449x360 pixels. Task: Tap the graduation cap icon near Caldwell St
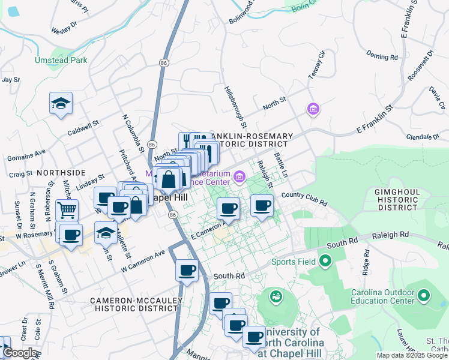61,104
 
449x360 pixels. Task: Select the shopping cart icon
67,210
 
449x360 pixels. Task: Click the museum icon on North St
313,109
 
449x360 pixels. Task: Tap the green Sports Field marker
325,261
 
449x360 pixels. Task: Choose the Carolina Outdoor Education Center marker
424,296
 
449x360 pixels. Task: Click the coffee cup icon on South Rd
187,270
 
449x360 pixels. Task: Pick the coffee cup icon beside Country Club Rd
262,206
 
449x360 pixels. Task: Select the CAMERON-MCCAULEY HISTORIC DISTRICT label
134,304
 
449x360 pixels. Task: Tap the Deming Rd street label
382,57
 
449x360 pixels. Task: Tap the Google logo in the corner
20,353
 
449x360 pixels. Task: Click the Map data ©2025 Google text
411,355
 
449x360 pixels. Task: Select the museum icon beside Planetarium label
240,176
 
